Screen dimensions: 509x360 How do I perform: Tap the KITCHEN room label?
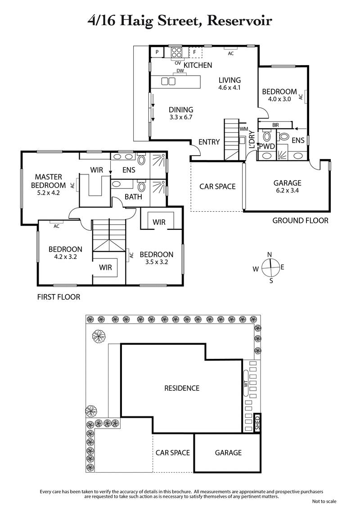(x=198, y=65)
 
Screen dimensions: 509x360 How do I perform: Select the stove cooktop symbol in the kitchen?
(x=175, y=52)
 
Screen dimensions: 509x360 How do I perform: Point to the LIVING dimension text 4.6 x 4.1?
(x=229, y=88)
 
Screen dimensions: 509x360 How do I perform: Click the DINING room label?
(x=181, y=109)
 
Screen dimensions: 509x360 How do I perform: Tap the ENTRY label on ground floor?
(x=209, y=142)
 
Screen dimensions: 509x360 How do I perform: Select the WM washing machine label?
(x=244, y=129)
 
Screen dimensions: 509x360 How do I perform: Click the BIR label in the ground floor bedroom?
(x=276, y=125)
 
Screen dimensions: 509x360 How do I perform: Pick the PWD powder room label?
(x=269, y=147)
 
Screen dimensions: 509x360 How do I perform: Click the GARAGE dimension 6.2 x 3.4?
(x=287, y=191)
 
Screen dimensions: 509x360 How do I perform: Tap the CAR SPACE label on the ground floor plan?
(x=217, y=186)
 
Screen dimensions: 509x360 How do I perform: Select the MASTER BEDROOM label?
(x=48, y=181)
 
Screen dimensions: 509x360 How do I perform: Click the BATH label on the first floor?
(x=133, y=196)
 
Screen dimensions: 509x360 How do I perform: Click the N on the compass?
(x=270, y=254)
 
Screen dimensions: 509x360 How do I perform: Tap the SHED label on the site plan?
(x=257, y=423)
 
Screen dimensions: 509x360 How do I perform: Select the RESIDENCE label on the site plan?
(x=181, y=388)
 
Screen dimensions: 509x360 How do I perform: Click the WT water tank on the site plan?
(x=246, y=383)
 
